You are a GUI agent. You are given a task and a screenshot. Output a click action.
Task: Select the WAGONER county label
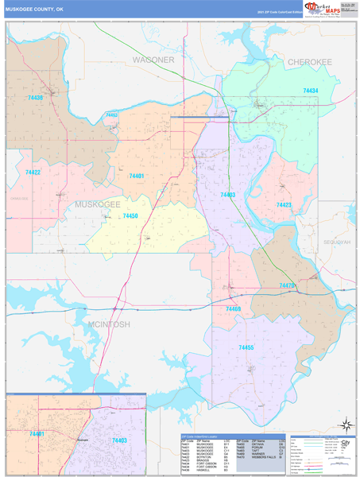[x=153, y=60]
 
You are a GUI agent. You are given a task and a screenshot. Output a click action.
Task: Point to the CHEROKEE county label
[x=309, y=61]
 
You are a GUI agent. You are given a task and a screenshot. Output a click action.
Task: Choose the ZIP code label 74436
[x=36, y=98]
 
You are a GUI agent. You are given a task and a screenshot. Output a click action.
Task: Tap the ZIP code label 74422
[x=33, y=172]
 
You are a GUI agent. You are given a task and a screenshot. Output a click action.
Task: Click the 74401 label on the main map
[x=136, y=176]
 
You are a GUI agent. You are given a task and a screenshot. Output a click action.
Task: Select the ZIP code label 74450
[x=130, y=216]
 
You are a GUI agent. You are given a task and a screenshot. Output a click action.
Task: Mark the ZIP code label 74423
[x=284, y=205]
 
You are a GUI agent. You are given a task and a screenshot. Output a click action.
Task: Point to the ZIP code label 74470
[x=287, y=285]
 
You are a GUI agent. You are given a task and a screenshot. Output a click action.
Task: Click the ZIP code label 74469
[x=234, y=308]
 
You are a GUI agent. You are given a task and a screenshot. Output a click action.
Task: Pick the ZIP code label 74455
[x=246, y=347]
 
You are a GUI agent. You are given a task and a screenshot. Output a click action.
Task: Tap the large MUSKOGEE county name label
[x=97, y=204]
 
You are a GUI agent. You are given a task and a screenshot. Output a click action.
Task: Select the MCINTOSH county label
[x=109, y=324]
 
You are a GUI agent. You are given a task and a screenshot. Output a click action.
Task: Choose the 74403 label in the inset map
[x=119, y=440]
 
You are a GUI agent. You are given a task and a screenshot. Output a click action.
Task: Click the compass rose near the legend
[x=345, y=424]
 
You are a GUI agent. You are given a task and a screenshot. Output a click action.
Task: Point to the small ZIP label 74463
[x=111, y=115]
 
